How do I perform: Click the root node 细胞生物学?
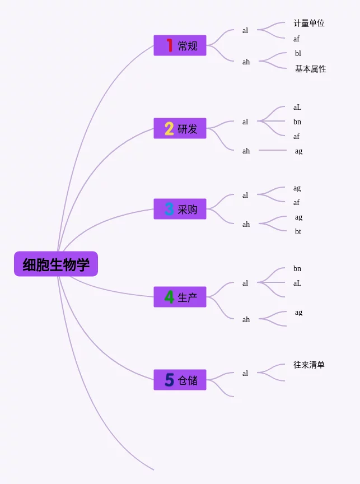(x=56, y=264)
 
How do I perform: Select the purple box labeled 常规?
(x=180, y=45)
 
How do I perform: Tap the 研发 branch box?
(x=180, y=128)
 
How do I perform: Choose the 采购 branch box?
(x=180, y=209)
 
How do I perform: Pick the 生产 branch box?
(x=180, y=297)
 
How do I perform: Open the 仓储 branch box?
(x=180, y=380)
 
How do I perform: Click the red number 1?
(x=169, y=45)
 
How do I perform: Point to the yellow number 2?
(x=169, y=128)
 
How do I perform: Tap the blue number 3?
(x=169, y=209)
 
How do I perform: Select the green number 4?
(x=169, y=297)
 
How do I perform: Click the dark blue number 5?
(x=169, y=380)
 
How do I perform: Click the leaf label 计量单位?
(x=309, y=23)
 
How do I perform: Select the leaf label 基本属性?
(x=310, y=69)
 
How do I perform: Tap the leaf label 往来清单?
(x=309, y=365)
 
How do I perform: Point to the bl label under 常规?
(x=298, y=53)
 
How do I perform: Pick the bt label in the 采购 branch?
(x=298, y=231)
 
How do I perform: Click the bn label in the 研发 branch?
(x=297, y=122)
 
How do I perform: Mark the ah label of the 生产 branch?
(x=246, y=319)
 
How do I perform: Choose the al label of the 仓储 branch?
(x=245, y=373)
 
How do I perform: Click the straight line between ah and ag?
(x=273, y=150)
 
